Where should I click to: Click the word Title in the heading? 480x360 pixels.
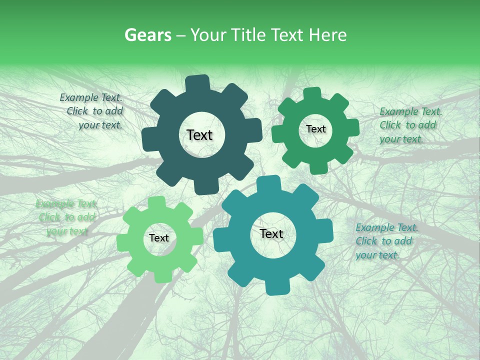(x=248, y=35)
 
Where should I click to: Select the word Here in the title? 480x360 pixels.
(x=328, y=35)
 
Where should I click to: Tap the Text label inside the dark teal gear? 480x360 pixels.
(x=199, y=135)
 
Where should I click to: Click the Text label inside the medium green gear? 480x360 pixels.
(x=315, y=129)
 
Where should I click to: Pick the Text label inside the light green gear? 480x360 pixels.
(x=159, y=238)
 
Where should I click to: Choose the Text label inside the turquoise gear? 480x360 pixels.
(x=271, y=233)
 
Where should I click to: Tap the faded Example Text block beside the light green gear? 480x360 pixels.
(x=66, y=217)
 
